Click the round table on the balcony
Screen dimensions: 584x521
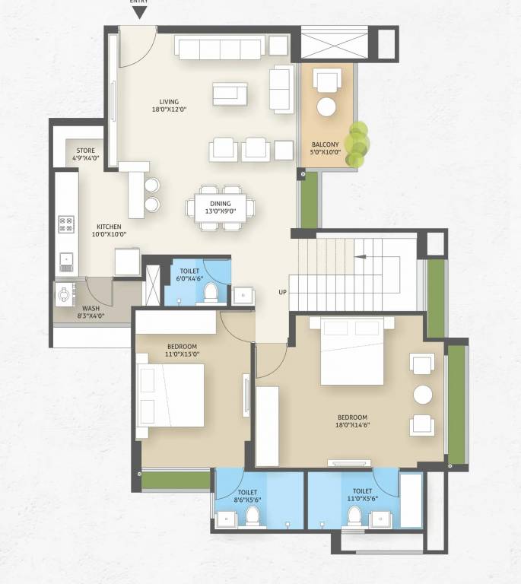click(x=326, y=107)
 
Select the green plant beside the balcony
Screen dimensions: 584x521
click(x=357, y=144)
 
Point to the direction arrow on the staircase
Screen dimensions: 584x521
click(x=358, y=257)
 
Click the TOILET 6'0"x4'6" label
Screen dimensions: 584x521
click(x=190, y=275)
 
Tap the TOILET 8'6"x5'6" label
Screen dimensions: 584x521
click(x=248, y=496)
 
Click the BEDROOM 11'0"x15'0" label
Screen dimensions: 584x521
click(x=183, y=350)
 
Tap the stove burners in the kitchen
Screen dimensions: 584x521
click(x=67, y=224)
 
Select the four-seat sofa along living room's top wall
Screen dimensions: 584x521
click(x=220, y=48)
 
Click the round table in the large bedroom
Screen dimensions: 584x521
click(x=422, y=395)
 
